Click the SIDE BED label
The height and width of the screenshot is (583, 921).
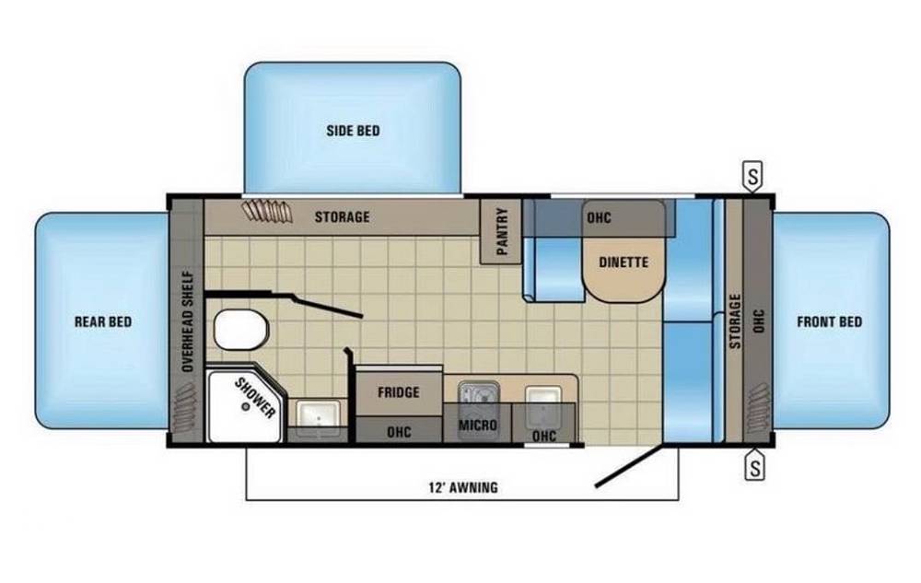[x=353, y=131]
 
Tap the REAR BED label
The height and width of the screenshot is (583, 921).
[x=103, y=321]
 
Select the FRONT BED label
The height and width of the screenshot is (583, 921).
[x=830, y=321]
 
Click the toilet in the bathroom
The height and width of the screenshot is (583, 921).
[x=240, y=330]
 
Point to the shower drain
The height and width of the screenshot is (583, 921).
[x=246, y=406]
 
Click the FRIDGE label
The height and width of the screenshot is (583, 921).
[x=398, y=391]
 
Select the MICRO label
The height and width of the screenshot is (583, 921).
[x=477, y=425]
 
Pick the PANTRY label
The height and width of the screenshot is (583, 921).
[x=502, y=231]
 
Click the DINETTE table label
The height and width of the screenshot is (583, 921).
[x=624, y=262]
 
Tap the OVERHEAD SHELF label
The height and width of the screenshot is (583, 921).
[x=188, y=321]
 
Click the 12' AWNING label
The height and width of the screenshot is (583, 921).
[x=463, y=487]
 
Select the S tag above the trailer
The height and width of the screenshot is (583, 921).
[x=753, y=176]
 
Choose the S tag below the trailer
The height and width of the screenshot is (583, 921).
[x=755, y=466]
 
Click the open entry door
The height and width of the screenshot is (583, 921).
[x=629, y=466]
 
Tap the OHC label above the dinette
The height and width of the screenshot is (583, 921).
[x=600, y=217]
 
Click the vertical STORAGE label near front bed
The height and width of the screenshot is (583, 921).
[x=735, y=321]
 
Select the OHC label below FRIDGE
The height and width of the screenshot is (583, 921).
[x=399, y=432]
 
